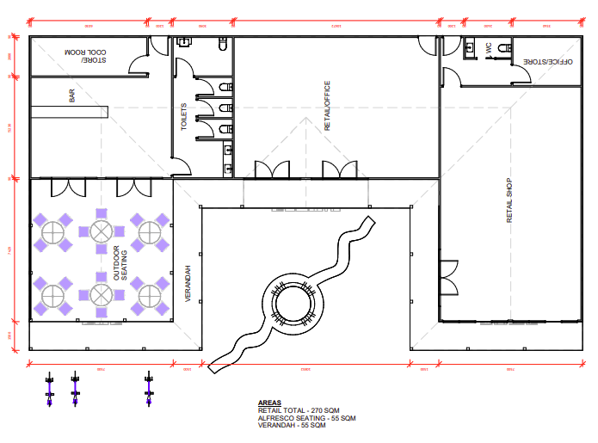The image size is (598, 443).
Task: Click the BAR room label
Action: pyautogui.click(x=71, y=97)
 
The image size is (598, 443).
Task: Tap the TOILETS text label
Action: pyautogui.click(x=184, y=117)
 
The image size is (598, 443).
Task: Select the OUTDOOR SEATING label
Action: pyautogui.click(x=120, y=263)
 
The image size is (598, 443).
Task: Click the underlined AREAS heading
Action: pyautogui.click(x=268, y=403)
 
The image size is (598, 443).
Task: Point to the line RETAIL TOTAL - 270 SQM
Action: pyautogui.click(x=299, y=410)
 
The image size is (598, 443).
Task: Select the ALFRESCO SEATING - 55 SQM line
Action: pyautogui.click(x=305, y=418)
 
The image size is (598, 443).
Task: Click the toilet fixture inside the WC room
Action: pyautogui.click(x=473, y=44)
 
